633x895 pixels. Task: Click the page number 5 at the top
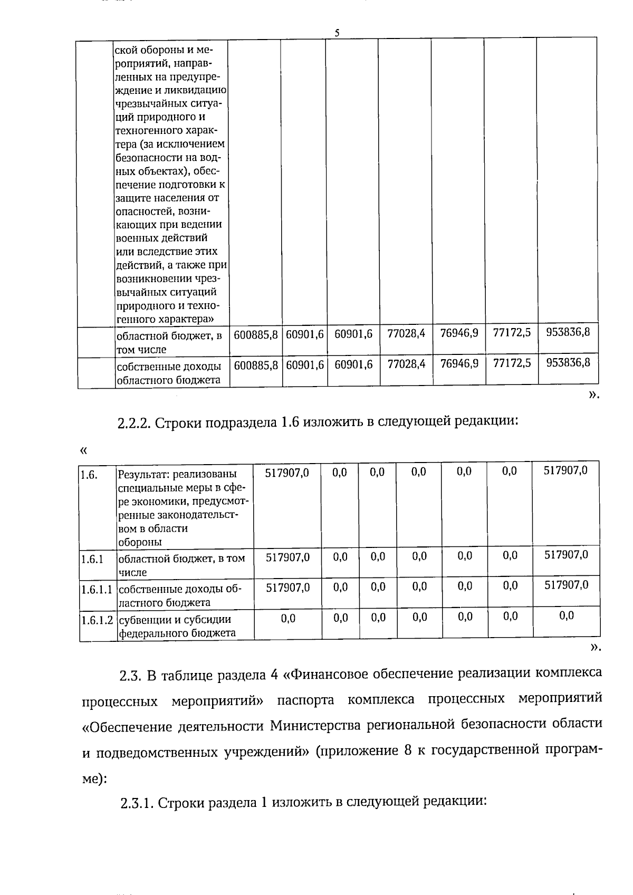point(337,33)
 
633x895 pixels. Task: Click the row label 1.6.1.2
point(97,620)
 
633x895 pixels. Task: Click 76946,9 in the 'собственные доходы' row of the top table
point(459,363)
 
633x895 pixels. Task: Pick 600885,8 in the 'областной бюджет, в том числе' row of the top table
point(255,334)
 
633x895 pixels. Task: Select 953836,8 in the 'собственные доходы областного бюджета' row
point(568,363)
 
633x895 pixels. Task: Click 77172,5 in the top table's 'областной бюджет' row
point(512,333)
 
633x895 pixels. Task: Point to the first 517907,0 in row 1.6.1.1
point(287,587)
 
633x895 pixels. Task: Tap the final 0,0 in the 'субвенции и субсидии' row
point(566,616)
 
